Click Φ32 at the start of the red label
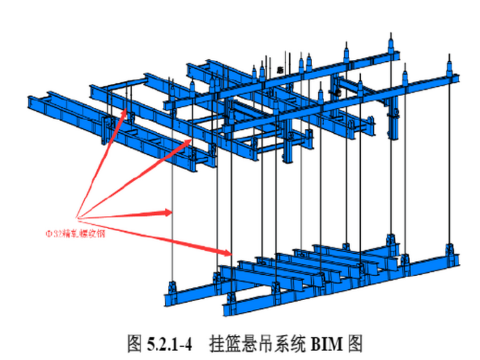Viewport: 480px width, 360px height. pos(51,232)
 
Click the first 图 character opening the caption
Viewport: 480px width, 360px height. pos(134,344)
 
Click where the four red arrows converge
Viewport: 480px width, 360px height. pos(77,215)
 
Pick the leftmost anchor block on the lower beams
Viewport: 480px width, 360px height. pos(172,292)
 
